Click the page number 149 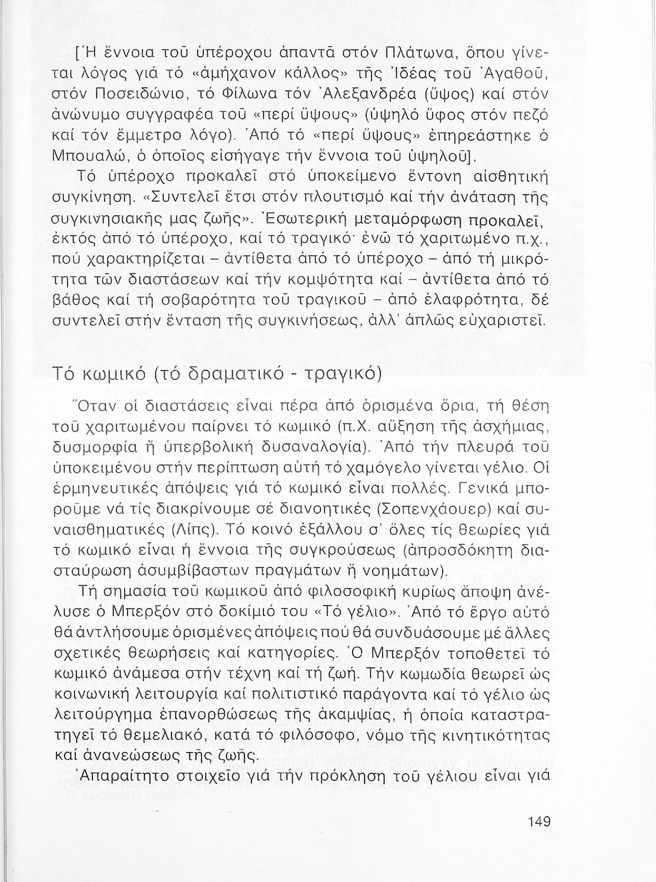click(539, 821)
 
